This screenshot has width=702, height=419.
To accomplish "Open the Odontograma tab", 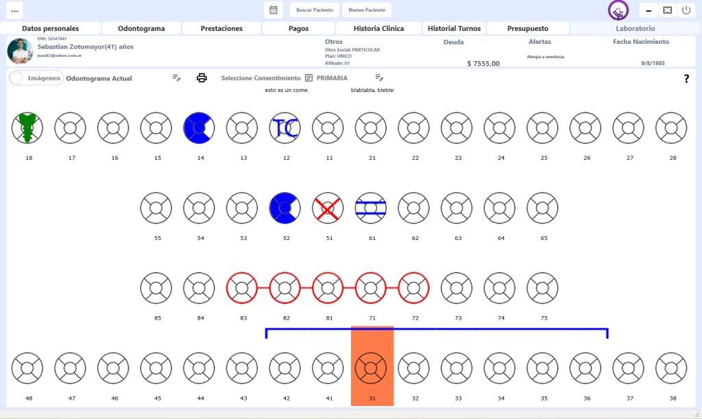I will (142, 29).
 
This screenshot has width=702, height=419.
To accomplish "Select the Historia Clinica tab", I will (378, 29).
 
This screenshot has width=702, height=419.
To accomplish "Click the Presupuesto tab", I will (528, 29).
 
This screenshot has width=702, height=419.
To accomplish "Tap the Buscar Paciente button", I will (315, 10).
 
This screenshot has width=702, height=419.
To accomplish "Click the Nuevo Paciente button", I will (367, 10).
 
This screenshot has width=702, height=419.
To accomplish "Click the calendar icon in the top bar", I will (273, 10).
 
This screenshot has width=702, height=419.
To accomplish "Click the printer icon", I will (202, 78).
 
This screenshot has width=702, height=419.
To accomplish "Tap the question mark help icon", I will (686, 79).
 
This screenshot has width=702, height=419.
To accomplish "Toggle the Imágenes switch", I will (21, 78).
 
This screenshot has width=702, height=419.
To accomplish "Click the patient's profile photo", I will (20, 51).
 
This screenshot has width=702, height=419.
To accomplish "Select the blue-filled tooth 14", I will (199, 128).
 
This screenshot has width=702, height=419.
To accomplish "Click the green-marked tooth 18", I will (27, 128).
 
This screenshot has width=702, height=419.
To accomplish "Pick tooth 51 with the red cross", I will (328, 208).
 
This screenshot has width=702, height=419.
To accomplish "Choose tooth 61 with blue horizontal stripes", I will (371, 208).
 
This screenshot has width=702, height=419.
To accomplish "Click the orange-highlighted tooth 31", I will (371, 367).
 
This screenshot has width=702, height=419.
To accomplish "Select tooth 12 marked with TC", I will (285, 128).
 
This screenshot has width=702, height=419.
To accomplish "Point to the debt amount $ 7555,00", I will (483, 64).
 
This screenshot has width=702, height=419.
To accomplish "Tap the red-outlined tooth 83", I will (242, 288).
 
